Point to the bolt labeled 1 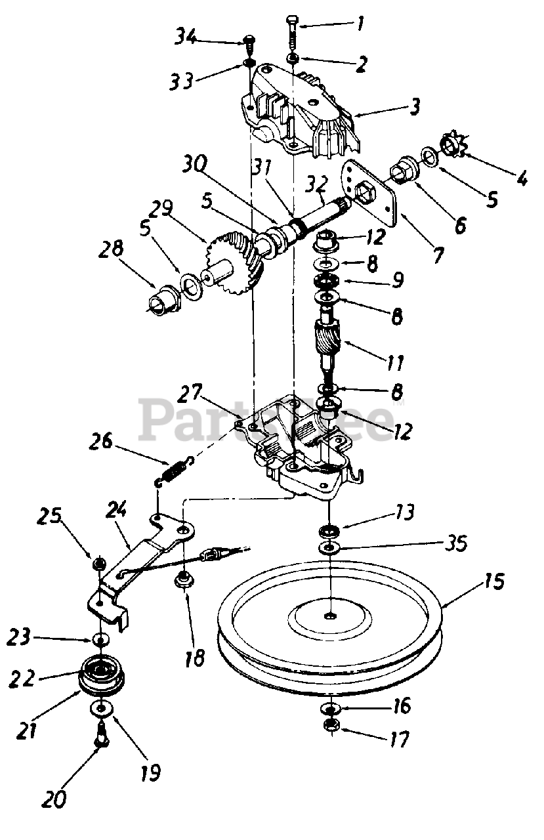pyautogui.click(x=291, y=33)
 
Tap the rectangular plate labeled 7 pyautogui.click(x=371, y=194)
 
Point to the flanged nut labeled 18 pyautogui.click(x=183, y=580)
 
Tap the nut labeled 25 pyautogui.click(x=100, y=563)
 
